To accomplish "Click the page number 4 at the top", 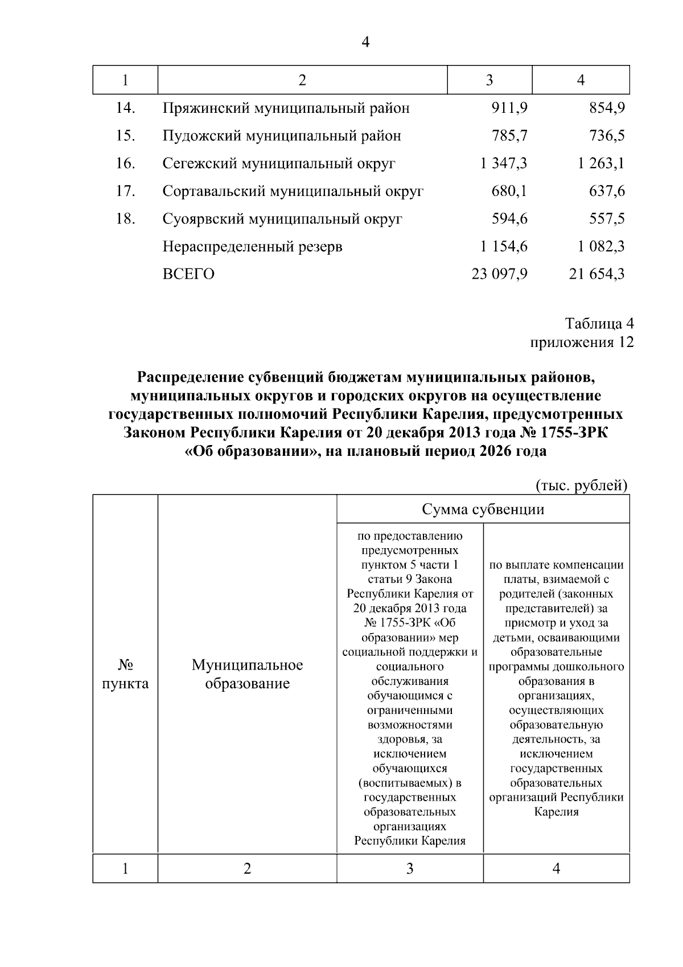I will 365,43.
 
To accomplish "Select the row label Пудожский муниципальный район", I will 282,136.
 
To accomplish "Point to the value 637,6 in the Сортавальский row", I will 607,191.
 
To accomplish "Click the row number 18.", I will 125,219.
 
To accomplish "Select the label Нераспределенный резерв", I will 252,247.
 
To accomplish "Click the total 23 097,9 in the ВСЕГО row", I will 499,275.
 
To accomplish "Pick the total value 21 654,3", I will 596,275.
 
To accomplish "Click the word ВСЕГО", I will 188,275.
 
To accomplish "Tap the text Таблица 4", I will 599,324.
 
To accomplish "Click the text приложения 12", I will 582,342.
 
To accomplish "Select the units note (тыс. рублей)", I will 582,485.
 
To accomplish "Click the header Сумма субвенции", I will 483,509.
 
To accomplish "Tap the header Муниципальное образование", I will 247,674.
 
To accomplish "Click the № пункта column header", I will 125,674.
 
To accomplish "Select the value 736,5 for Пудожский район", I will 607,136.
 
